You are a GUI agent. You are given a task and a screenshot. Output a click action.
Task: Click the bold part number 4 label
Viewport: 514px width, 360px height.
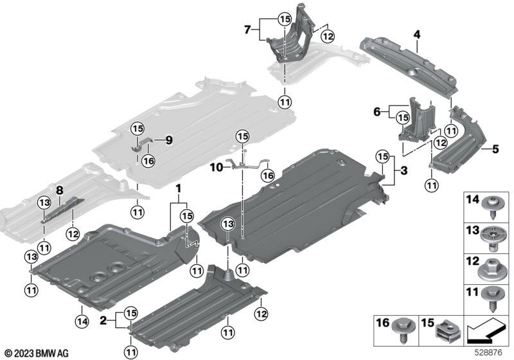point(416,35)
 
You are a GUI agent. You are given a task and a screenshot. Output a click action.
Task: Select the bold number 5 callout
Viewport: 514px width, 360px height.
point(495,149)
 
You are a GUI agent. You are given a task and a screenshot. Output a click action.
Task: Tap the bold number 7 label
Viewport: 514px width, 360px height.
point(248,30)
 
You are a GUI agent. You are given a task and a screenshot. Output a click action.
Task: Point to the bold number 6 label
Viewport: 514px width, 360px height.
point(377,112)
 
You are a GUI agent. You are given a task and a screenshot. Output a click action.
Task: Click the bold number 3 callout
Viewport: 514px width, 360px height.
point(404,170)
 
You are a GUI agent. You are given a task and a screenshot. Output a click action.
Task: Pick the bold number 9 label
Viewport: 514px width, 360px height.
point(169,141)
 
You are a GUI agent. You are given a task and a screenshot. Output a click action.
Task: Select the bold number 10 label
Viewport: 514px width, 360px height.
point(217,168)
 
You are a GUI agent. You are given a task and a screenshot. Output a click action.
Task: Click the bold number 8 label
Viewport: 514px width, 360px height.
point(59,190)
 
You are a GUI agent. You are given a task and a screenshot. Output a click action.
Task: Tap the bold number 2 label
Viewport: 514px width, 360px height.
point(103,320)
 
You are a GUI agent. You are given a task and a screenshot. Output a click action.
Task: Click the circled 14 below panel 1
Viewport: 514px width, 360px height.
point(82,321)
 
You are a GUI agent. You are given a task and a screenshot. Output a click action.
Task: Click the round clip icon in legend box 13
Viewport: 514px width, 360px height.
point(493,239)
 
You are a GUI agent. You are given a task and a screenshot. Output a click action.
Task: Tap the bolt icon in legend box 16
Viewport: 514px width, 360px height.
point(403,331)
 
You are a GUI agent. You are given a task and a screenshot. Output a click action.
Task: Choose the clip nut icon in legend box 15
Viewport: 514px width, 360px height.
point(448,332)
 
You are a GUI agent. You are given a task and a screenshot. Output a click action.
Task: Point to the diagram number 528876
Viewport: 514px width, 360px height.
point(488,353)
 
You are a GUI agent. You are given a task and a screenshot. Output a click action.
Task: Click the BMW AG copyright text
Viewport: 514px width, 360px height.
point(37,354)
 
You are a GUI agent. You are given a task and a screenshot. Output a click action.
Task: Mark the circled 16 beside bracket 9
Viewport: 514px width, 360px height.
point(149,161)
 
